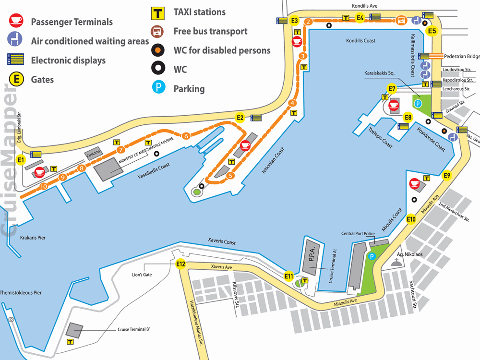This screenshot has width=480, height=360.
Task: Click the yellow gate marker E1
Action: click(20, 160)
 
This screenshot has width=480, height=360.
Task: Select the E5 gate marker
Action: click(432, 31)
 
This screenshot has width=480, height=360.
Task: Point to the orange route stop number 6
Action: click(186, 136)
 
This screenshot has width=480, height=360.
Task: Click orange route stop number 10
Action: click(44, 186)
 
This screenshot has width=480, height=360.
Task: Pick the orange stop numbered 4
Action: click(292, 103)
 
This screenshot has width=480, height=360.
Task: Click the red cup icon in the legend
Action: click(15, 20)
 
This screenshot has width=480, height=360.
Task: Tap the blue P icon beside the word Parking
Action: click(157, 88)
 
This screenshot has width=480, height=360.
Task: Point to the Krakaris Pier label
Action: click(33, 238)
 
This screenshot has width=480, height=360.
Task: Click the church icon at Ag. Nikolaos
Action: click(396, 262)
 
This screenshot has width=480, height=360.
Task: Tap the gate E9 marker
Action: click(447, 176)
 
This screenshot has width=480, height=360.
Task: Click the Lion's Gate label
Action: click(142, 274)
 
